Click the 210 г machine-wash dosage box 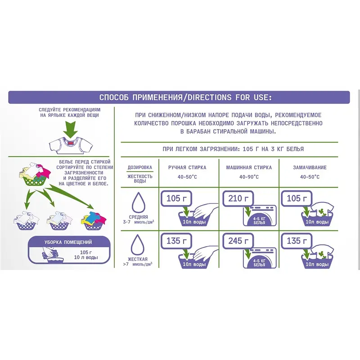click(x=238, y=198)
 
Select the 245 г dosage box click(x=238, y=241)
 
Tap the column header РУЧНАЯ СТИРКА click(x=187, y=167)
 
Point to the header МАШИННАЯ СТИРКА click(x=249, y=167)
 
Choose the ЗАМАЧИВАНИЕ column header click(x=310, y=167)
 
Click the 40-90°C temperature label click(x=249, y=177)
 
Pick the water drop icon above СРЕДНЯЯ click(x=139, y=202)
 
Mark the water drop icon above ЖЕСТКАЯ click(x=138, y=244)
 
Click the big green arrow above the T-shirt click(x=71, y=130)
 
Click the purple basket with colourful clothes click(x=94, y=220)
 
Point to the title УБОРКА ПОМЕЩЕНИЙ click(x=68, y=242)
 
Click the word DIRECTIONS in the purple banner click(x=209, y=97)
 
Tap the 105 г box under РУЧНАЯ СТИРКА click(x=176, y=198)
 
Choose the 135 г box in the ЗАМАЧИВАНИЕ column click(x=297, y=241)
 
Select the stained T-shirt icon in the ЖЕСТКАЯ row click(x=322, y=252)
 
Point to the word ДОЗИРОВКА click(x=140, y=167)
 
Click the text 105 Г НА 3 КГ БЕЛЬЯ click(x=273, y=149)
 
